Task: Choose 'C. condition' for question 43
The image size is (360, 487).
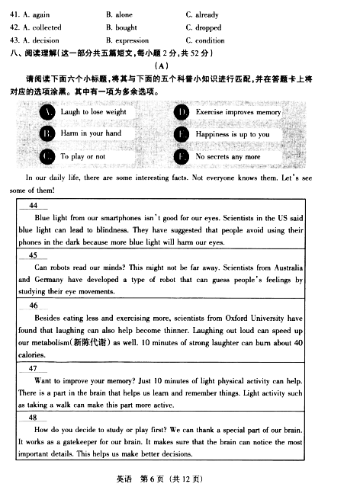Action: [x=204, y=40]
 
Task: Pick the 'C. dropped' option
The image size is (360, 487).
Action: [x=203, y=27]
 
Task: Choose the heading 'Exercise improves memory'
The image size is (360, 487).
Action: [x=238, y=112]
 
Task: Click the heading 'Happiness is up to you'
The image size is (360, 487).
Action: [x=232, y=134]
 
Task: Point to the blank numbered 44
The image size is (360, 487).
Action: [x=33, y=206]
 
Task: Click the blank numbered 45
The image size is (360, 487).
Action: [x=33, y=255]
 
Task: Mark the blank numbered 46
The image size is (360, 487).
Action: [x=33, y=306]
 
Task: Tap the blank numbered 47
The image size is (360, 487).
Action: [x=33, y=368]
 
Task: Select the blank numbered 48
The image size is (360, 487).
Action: [x=33, y=418]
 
